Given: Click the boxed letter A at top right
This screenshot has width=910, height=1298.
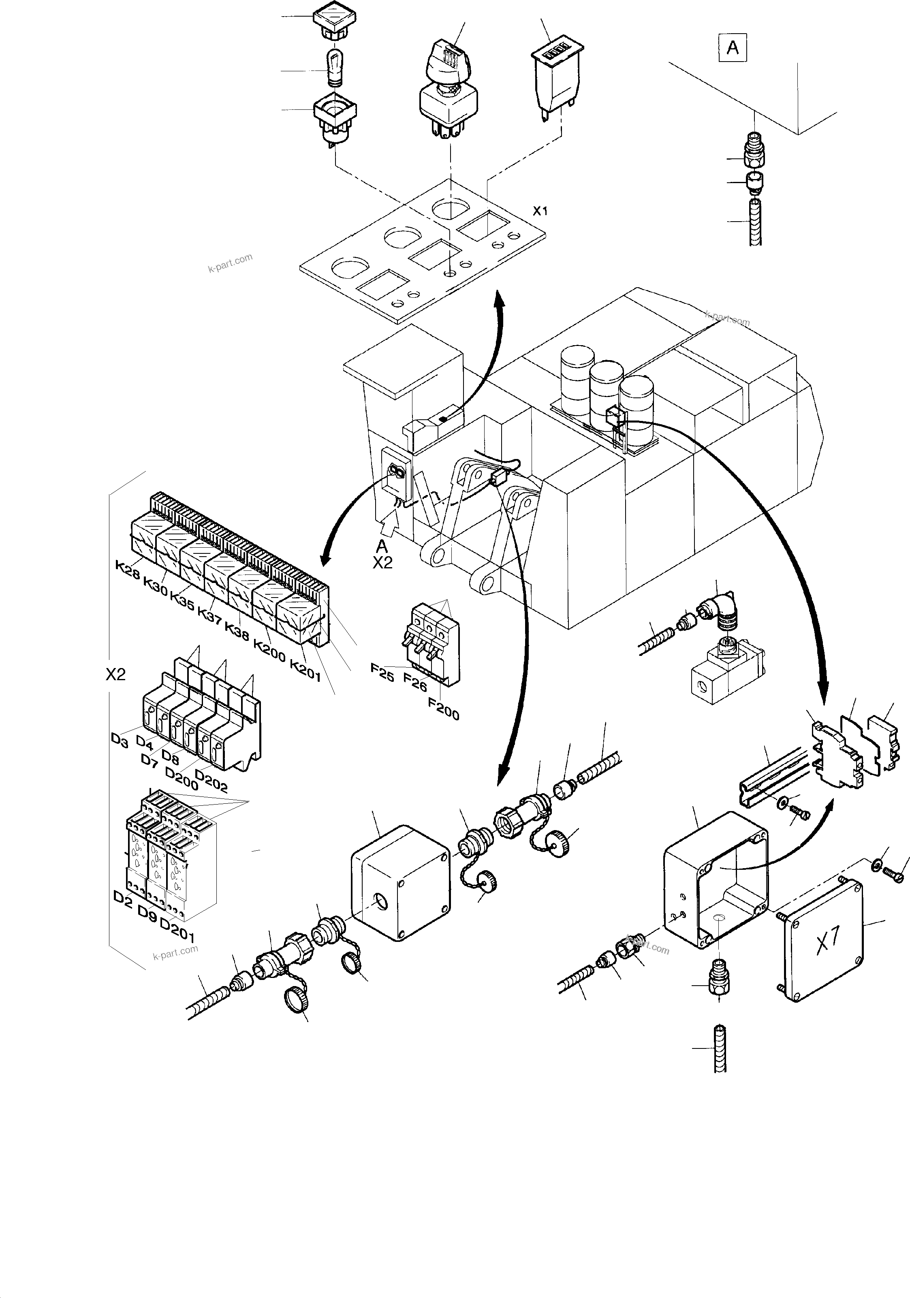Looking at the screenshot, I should coord(733,48).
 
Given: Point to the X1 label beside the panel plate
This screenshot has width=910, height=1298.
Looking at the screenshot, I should coord(540,211).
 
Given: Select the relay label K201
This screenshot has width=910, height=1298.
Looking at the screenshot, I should coord(305,670).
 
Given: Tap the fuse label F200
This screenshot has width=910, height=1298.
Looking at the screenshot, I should coord(444,709).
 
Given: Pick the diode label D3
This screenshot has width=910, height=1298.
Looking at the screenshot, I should coord(120,740).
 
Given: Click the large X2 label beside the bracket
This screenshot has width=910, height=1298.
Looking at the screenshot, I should coord(115,675).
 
